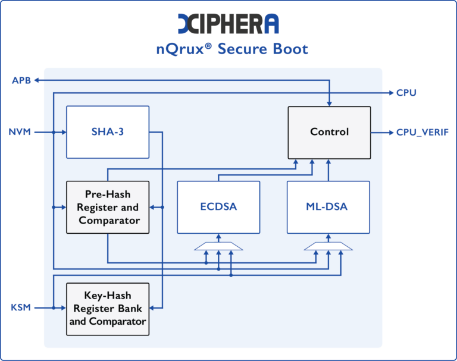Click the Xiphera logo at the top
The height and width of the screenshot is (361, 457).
coord(228,23)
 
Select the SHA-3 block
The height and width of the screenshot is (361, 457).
coord(107,131)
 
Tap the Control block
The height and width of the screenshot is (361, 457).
coord(329,131)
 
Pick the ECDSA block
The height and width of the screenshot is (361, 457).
coord(218,207)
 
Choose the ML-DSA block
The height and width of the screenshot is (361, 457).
coord(328,207)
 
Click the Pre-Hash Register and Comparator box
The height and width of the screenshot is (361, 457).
coord(107,207)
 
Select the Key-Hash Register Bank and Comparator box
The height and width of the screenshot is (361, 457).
coord(107,308)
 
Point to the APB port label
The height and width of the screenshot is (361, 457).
coord(21,80)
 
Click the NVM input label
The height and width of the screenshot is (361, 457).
coord(20,131)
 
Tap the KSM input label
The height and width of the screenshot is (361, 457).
coord(20,307)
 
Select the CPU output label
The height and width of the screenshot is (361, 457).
coord(406,93)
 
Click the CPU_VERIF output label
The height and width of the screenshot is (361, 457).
coord(422,132)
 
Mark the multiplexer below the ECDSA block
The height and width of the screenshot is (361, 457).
coord(218,246)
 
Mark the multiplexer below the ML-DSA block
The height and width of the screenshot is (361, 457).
coord(328,246)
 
